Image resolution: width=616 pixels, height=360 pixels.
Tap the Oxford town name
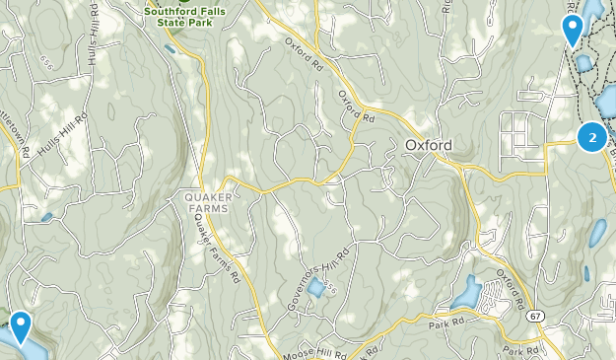click(x=429, y=145)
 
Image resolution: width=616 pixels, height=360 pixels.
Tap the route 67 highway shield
click(x=534, y=316)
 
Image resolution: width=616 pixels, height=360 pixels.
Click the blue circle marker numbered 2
click(x=591, y=138)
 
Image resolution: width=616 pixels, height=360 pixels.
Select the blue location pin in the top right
click(x=572, y=30)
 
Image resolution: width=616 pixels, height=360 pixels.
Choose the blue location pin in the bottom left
click(x=19, y=326)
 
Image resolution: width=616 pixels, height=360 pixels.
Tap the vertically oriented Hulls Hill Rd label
click(x=94, y=45)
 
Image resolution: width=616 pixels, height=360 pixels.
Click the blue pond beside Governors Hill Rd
click(x=315, y=288)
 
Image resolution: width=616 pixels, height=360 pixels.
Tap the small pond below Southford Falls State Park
click(x=171, y=47)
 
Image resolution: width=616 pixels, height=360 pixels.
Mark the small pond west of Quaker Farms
click(x=46, y=216)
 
